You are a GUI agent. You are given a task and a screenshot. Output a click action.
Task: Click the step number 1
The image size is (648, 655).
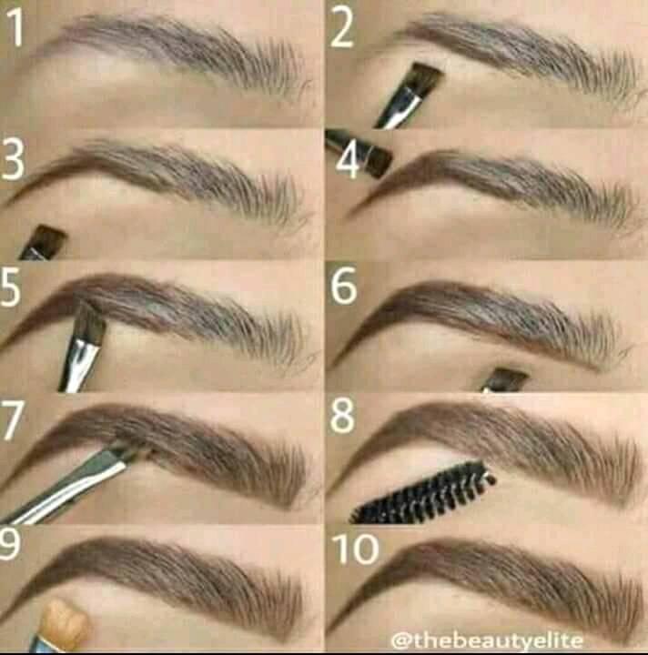tap(15, 27)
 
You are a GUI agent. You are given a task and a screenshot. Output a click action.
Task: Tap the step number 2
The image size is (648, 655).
tap(342, 29)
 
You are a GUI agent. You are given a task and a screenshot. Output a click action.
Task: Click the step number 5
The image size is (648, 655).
tap(10, 287)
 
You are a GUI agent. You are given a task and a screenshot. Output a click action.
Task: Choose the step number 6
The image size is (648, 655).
tap(344, 286)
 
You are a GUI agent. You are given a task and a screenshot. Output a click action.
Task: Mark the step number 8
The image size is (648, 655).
tap(342, 416)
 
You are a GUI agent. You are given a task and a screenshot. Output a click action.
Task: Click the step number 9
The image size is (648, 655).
tap(8, 542)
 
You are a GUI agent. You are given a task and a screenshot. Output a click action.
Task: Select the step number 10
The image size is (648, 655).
tap(356, 549)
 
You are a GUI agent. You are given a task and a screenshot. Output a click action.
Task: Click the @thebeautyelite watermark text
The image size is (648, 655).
tap(487, 640)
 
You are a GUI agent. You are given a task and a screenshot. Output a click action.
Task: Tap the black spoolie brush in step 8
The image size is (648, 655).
tap(423, 492)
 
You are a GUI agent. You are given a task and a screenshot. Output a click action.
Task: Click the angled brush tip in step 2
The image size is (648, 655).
tap(424, 78)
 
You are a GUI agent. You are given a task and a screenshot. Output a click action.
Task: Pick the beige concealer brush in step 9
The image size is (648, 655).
tap(65, 623)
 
